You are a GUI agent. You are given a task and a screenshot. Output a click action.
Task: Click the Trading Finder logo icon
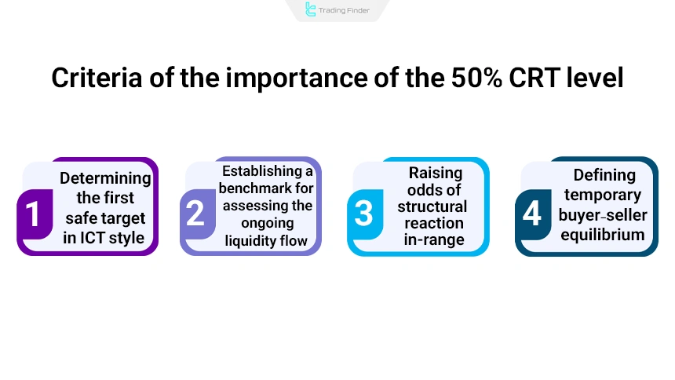pyautogui.click(x=311, y=10)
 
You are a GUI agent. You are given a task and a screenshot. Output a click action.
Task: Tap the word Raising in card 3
pyautogui.click(x=435, y=173)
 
